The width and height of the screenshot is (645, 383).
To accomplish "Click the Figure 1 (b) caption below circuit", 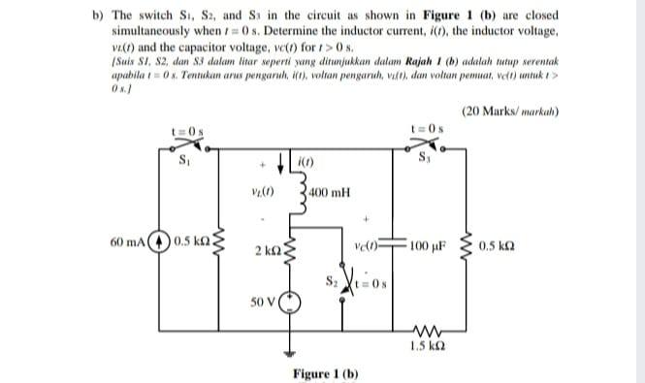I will pos(326,373).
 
